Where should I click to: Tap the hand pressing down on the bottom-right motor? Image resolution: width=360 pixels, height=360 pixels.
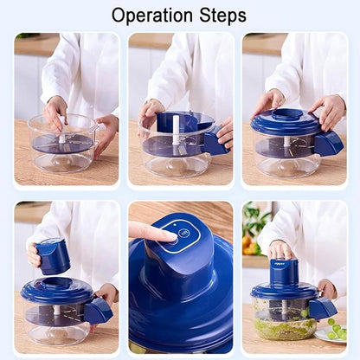pos(280,250)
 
